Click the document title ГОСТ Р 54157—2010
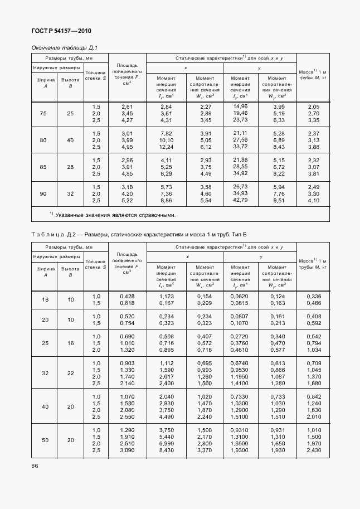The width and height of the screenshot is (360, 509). pyautogui.click(x=60, y=31)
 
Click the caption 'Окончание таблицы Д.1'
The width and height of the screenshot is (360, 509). pyautogui.click(x=65, y=48)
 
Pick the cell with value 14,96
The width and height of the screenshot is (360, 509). pyautogui.click(x=240, y=106)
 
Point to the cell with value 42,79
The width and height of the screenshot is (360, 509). pyautogui.click(x=240, y=200)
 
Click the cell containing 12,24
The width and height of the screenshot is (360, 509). pyautogui.click(x=166, y=147)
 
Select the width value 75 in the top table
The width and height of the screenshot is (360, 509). pyautogui.click(x=43, y=114)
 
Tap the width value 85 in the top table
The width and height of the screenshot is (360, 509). pyautogui.click(x=43, y=167)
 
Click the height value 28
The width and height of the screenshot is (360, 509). pyautogui.click(x=70, y=167)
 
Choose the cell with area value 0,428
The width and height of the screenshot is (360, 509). pyautogui.click(x=127, y=296)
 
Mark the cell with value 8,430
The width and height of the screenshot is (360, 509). pyautogui.click(x=166, y=450)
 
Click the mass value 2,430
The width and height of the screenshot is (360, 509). pyautogui.click(x=314, y=450)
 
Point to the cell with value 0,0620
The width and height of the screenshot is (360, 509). pyautogui.click(x=240, y=296)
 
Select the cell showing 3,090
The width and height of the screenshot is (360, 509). pyautogui.click(x=127, y=450)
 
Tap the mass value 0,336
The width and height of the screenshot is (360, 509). pyautogui.click(x=314, y=296)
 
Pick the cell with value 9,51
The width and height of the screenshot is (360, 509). pyautogui.click(x=279, y=200)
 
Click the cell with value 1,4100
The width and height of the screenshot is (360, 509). pyautogui.click(x=240, y=384)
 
